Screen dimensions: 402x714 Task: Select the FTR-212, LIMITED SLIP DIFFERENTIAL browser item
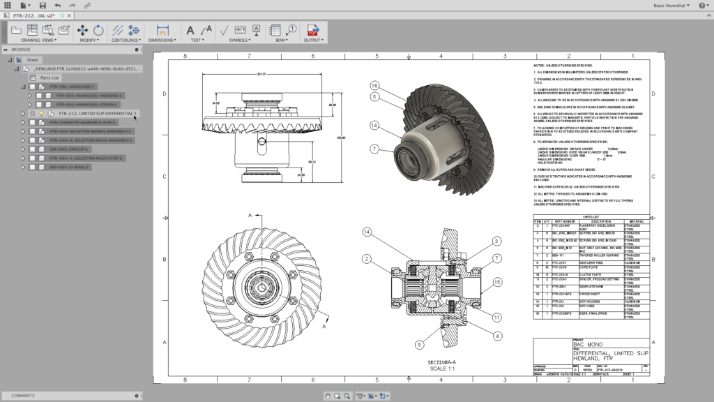coord(98,113)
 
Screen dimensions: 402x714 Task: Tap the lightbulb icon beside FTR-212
coord(41,113)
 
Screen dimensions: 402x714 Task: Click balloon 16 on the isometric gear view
coord(374,85)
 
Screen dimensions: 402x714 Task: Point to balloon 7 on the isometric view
coord(374,149)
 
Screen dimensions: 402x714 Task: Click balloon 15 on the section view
coord(496,282)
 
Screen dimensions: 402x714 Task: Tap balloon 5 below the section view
coord(420,344)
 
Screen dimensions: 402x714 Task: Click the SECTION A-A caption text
coord(441,363)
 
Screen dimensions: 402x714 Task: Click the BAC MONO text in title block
coord(587,345)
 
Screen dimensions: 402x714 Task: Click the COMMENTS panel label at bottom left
coord(22,396)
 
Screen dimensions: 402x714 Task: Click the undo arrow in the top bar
coord(57,5)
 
